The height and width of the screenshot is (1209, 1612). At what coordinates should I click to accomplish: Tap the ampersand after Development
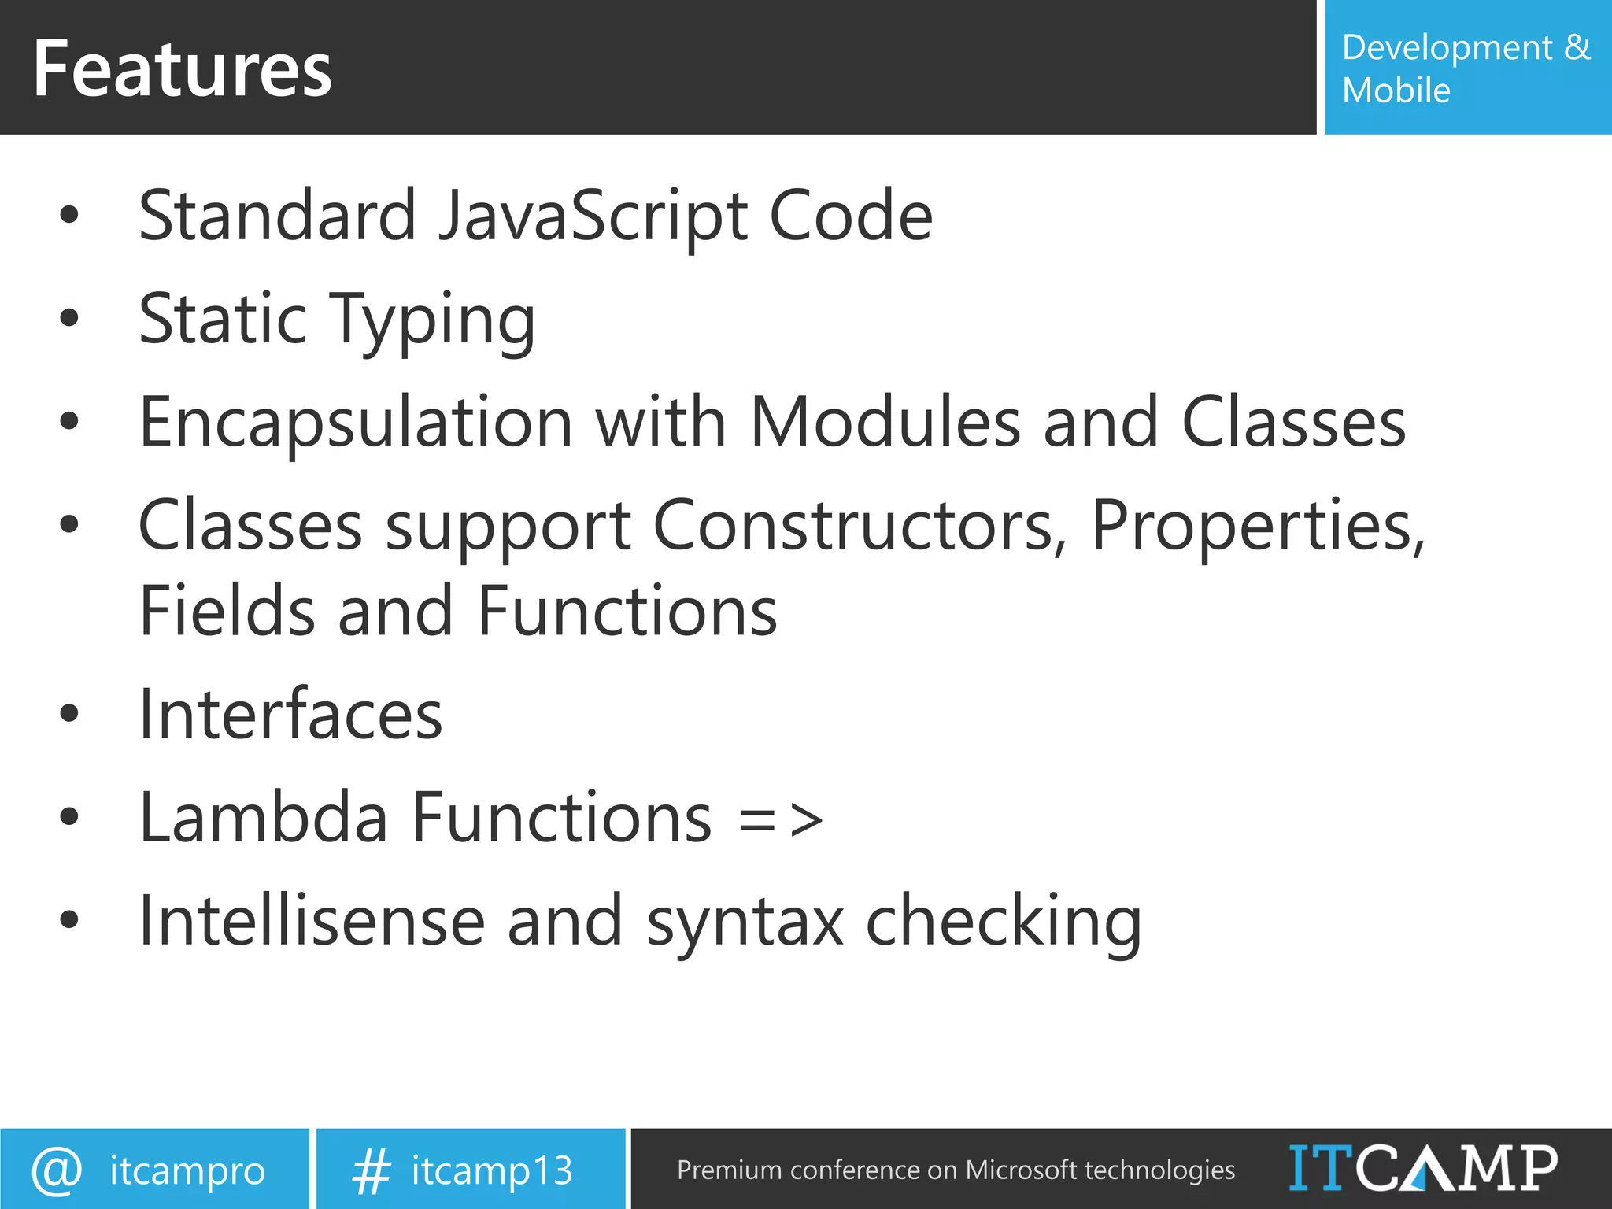pos(1577,47)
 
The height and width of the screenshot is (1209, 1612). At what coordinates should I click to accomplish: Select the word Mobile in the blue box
pos(1396,91)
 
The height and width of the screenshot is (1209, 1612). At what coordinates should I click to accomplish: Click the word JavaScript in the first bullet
pos(592,216)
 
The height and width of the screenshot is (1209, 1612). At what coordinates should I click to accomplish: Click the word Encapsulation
pos(355,423)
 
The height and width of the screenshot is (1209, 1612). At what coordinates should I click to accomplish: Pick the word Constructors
pos(859,526)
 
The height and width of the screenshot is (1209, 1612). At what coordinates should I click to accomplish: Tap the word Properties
pos(1256,526)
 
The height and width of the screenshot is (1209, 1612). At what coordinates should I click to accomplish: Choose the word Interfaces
pos(290,715)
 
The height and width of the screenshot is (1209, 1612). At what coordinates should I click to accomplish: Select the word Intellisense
pos(312,921)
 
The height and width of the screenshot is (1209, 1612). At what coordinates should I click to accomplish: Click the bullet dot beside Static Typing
pos(69,317)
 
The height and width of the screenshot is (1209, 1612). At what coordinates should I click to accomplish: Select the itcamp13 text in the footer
pos(492,1170)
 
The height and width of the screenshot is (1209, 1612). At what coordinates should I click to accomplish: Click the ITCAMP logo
pos(1422,1168)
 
